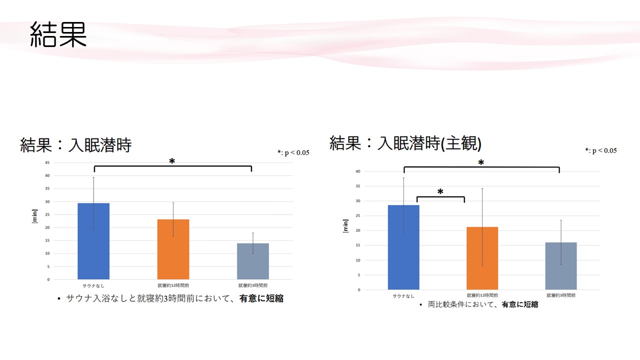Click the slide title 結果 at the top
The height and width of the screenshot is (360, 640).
(58, 35)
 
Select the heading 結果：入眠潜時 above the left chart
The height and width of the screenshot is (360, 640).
(75, 145)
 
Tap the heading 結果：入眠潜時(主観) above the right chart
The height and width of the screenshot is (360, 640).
(405, 143)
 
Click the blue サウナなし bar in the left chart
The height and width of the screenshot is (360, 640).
(93, 241)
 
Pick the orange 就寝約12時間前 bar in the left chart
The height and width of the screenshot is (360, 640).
(173, 249)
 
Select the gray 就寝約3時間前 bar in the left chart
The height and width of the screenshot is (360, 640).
(253, 261)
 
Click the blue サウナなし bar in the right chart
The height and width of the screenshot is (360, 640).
(403, 247)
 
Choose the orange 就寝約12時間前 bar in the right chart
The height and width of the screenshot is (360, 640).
(482, 258)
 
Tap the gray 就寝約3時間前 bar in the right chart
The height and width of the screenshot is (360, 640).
(561, 266)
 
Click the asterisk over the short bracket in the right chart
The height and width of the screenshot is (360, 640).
(440, 192)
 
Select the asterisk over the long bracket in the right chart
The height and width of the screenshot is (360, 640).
(481, 163)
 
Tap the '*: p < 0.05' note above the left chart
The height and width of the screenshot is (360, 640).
(293, 152)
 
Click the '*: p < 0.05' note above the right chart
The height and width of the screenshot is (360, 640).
(600, 150)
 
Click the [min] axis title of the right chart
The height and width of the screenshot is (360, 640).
(345, 226)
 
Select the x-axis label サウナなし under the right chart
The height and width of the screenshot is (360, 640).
(403, 295)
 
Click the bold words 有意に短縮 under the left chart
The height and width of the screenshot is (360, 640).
(261, 298)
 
